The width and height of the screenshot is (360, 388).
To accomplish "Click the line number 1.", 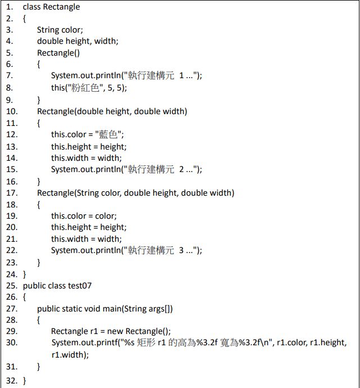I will coord(9,7).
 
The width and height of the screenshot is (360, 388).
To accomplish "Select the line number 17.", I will coord(11,193).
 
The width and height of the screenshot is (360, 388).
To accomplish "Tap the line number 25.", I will coord(11,286).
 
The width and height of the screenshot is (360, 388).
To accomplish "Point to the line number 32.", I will coord(11,381).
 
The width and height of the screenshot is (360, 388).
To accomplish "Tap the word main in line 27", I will coord(115,309).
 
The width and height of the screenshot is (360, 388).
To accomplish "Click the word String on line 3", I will coord(48,30).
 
